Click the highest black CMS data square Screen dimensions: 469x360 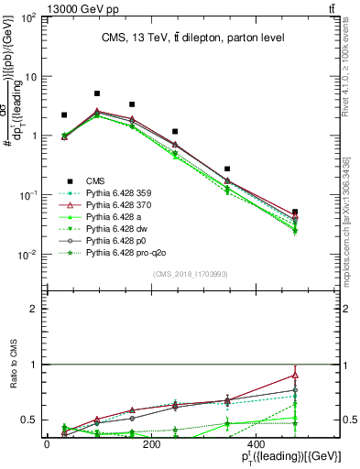click(97, 93)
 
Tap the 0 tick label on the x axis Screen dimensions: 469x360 click(47, 445)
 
